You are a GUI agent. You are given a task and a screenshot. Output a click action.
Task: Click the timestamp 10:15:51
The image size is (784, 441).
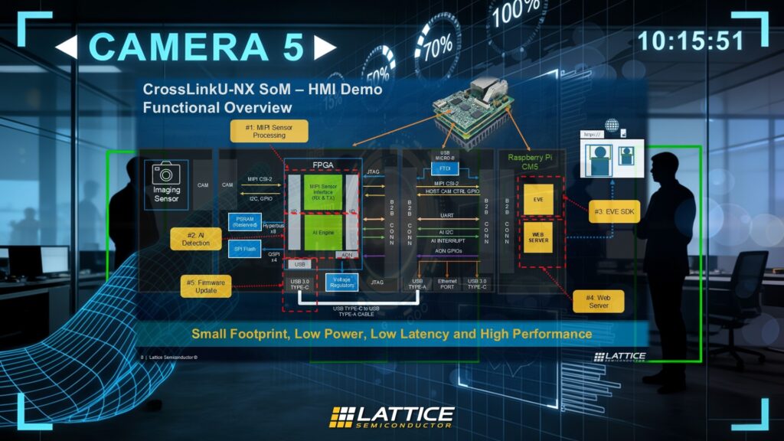click(x=691, y=41)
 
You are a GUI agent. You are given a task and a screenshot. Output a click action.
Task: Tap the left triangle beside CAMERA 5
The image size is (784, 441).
click(x=66, y=47)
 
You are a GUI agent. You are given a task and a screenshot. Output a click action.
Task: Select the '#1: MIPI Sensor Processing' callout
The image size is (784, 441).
click(x=269, y=131)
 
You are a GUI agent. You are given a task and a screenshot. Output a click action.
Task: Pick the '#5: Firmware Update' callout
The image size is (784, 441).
click(x=205, y=286)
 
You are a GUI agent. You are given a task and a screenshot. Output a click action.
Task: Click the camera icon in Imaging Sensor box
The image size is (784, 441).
click(x=166, y=174)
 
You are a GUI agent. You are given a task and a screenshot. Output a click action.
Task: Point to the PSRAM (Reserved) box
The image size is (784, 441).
click(x=246, y=221)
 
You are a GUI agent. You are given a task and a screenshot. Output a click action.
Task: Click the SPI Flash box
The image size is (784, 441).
click(x=246, y=250)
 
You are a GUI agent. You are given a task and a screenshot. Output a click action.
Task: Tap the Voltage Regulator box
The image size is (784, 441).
click(x=342, y=282)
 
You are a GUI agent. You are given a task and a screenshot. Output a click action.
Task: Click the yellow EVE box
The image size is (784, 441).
click(x=539, y=198)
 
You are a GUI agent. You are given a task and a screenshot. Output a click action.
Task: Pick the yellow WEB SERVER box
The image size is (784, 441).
click(x=539, y=237)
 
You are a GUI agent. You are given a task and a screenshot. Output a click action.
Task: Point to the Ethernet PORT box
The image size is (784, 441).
click(x=447, y=285)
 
